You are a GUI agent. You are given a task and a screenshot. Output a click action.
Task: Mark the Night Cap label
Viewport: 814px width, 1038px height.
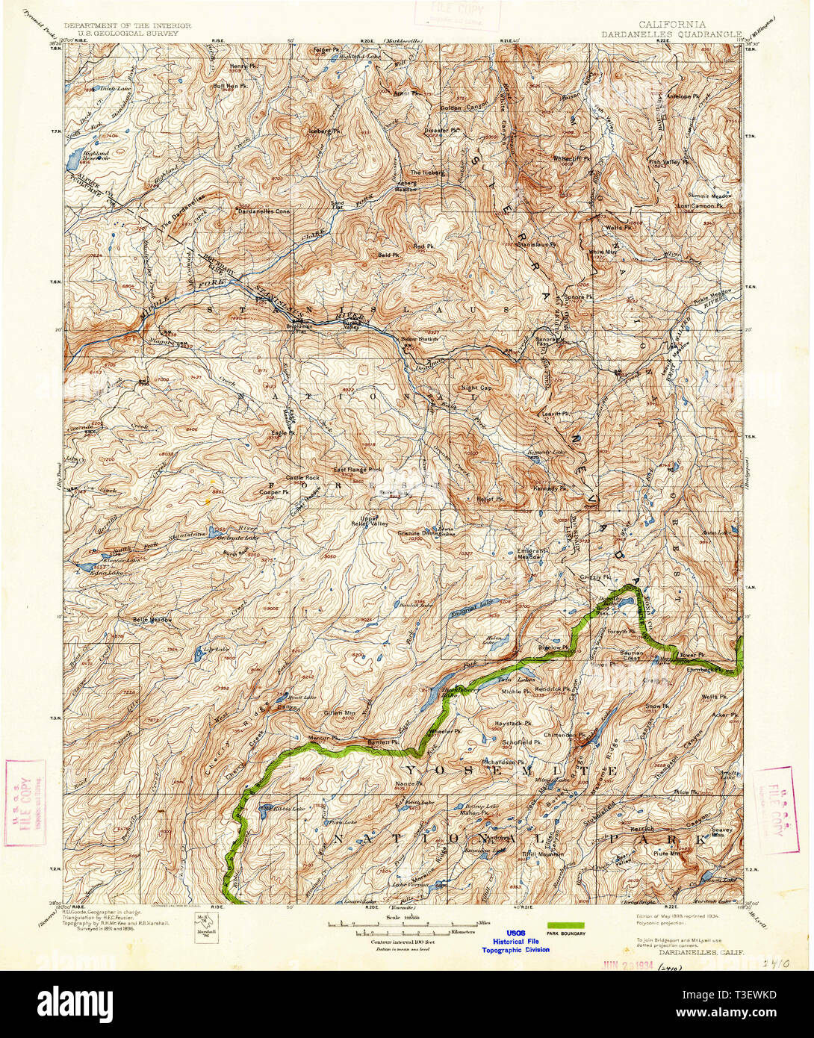click(x=476, y=388)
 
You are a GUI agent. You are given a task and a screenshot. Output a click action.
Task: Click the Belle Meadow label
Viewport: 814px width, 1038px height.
click(x=152, y=619)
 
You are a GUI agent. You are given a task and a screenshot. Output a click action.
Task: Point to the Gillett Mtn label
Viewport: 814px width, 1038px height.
click(x=339, y=712)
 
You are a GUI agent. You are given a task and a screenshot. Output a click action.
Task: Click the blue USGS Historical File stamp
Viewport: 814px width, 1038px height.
click(x=515, y=941)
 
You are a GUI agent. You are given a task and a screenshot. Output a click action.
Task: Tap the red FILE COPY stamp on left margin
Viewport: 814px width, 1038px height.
click(x=25, y=802)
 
